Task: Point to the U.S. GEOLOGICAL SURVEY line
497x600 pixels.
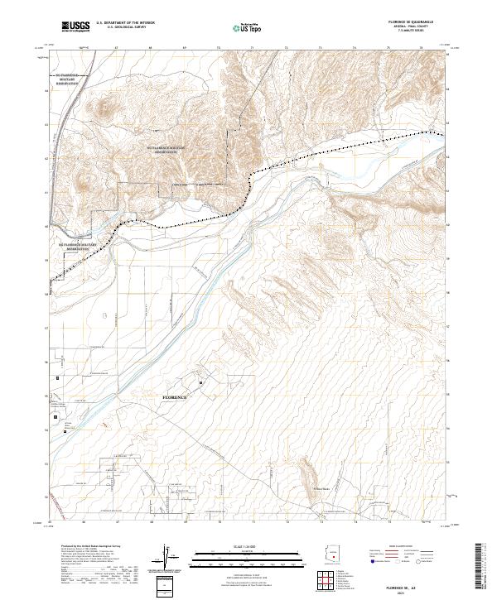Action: [x=122, y=27]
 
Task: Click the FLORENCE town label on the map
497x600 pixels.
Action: [x=174, y=398]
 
